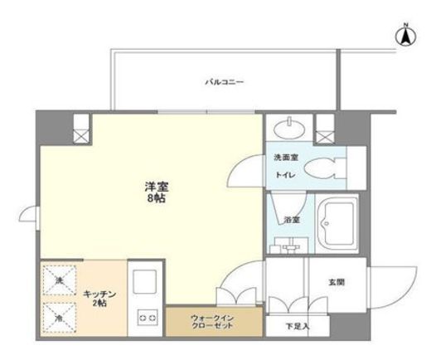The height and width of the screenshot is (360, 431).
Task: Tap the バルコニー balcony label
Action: pos(225,82)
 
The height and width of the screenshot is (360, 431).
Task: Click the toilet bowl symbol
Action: pos(337,165)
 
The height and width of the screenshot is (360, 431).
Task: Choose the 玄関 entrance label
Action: pos(336,282)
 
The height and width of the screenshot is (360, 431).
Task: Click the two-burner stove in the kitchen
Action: pos(148,316)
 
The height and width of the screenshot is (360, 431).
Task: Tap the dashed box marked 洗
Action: pos(59,280)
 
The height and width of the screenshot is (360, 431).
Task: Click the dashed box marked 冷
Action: pos(59,316)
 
